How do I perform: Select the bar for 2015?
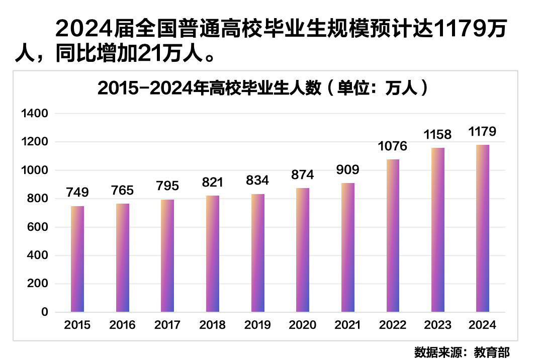tap(77, 259)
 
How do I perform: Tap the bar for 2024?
tap(483, 228)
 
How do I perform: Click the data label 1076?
tap(393, 147)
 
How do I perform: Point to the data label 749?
tap(77, 193)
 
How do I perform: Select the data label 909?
tap(347, 169)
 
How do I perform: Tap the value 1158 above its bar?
tap(437, 135)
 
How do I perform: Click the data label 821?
tap(212, 182)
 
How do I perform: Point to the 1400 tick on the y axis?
tap(35, 114)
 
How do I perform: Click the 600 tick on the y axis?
tap(38, 227)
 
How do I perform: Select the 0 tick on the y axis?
tap(44, 312)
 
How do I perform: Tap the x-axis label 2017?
tap(167, 325)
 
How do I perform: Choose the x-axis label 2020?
tap(303, 325)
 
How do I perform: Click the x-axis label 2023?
tap(437, 325)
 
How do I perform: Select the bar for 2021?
tap(347, 247)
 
